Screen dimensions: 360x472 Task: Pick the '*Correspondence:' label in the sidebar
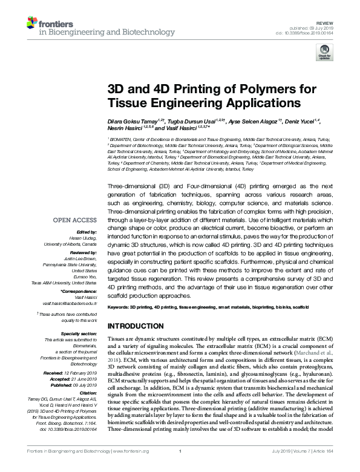pos(80,291)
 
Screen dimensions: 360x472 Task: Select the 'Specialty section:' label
pos(79,334)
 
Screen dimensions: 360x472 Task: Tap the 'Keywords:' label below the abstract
pos(118,307)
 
